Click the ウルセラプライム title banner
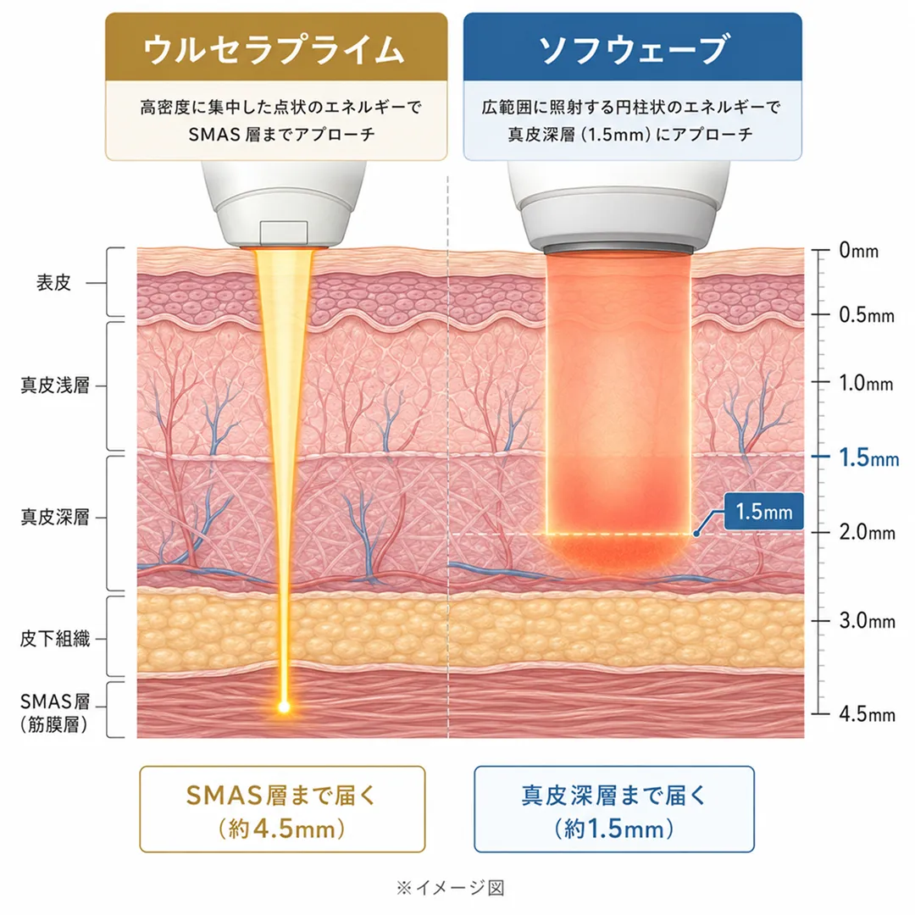[276, 47]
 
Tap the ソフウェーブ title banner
[633, 47]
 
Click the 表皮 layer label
[53, 283]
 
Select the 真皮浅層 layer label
[55, 385]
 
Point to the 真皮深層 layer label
[55, 517]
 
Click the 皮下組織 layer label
[55, 639]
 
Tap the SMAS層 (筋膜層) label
[54, 713]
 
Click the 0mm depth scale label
[858, 251]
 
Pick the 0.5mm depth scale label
[867, 315]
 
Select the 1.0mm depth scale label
[866, 384]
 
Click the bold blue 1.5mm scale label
[869, 458]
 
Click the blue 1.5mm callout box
[764, 512]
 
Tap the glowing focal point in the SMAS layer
[284, 707]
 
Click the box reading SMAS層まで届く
[282, 809]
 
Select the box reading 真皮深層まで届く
[614, 809]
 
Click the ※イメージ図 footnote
[450, 888]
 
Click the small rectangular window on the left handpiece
[284, 231]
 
